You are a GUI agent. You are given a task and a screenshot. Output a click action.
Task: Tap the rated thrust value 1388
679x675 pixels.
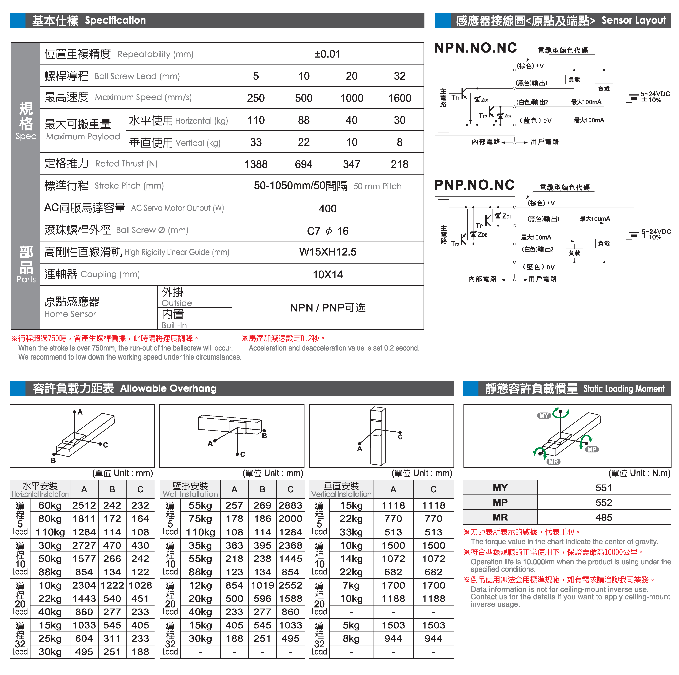(x=256, y=164)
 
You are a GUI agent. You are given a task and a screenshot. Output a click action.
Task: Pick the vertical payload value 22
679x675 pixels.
(x=304, y=142)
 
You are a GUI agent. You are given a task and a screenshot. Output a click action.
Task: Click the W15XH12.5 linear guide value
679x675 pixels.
(x=327, y=252)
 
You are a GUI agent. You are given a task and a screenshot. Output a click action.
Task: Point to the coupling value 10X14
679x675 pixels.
(x=327, y=274)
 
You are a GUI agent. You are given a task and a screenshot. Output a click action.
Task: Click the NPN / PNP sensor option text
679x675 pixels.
(x=327, y=308)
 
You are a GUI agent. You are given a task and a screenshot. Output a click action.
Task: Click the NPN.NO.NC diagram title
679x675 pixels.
(x=475, y=48)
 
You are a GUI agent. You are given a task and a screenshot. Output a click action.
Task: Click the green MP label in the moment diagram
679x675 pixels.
(x=592, y=449)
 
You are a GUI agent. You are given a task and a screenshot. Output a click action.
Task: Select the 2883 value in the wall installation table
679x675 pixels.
(x=290, y=505)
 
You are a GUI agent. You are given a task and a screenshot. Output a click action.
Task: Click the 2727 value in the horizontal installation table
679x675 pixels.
(x=84, y=545)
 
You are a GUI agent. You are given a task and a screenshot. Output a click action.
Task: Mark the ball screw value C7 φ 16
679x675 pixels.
(x=327, y=231)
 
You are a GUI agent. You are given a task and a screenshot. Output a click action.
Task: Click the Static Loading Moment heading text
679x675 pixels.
(x=624, y=389)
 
